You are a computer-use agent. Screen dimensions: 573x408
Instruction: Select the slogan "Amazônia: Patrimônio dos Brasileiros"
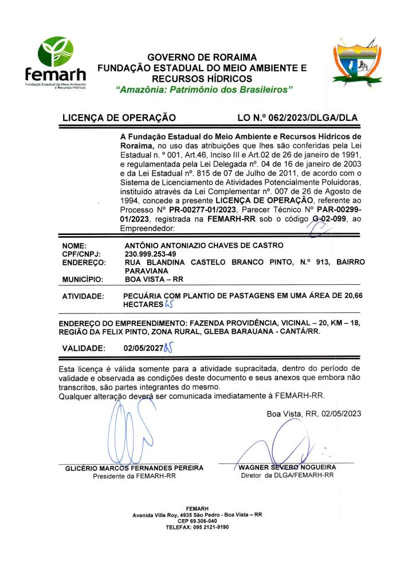[203, 89]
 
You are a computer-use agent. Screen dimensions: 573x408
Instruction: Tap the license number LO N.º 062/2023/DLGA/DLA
[297, 119]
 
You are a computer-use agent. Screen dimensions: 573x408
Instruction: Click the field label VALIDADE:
[85, 348]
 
